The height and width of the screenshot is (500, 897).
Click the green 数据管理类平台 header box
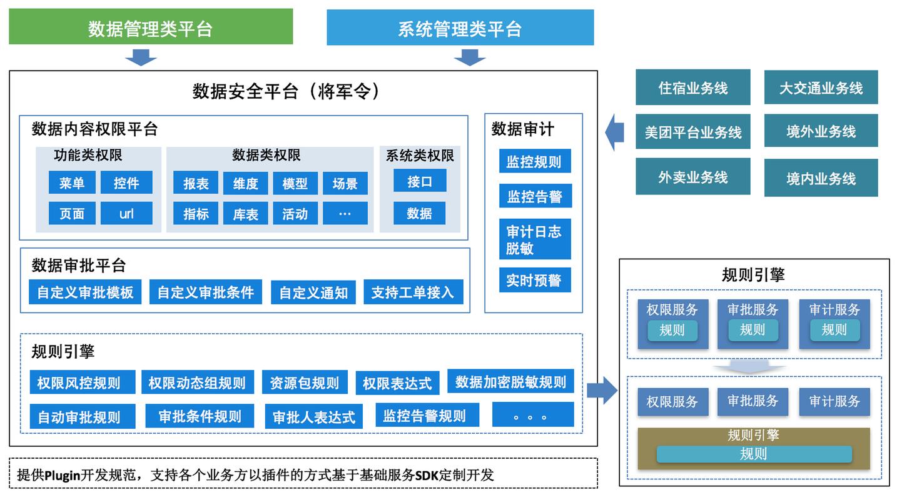coord(151,27)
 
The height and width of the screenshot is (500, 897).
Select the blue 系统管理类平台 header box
coord(460,27)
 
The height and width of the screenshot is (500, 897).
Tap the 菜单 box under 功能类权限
coord(72,182)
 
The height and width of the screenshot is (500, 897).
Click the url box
coord(126,213)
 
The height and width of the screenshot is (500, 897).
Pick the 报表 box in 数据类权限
coord(196,183)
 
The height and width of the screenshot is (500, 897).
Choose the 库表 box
coord(245,214)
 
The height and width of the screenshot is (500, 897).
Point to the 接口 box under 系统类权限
coord(420,181)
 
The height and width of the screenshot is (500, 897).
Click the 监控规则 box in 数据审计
coord(534,162)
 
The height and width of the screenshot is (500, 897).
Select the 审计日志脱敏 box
coord(534,239)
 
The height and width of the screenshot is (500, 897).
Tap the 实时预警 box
coord(534,280)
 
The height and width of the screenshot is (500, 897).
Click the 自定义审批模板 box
coord(85,292)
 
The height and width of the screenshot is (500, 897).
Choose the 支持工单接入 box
coord(413,292)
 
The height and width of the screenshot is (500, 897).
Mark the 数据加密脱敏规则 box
coord(510,381)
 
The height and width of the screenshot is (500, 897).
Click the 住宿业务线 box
coord(693,87)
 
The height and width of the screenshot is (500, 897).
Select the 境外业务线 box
coord(821,131)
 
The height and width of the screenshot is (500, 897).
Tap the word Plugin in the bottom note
coord(63,475)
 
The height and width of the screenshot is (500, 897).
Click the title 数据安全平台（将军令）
coord(286,91)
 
